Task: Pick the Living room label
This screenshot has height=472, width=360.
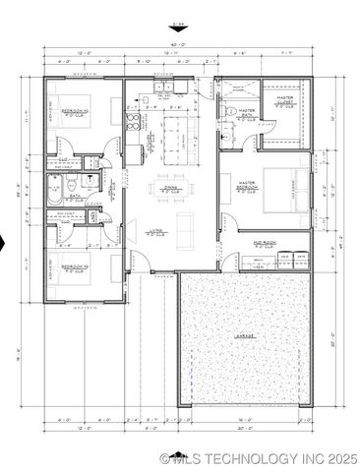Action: pos(153,234)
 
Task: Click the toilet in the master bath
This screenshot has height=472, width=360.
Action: pos(227,115)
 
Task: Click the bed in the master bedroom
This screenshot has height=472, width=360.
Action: pos(282,191)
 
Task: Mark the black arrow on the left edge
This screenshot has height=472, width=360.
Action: pos(3,244)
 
